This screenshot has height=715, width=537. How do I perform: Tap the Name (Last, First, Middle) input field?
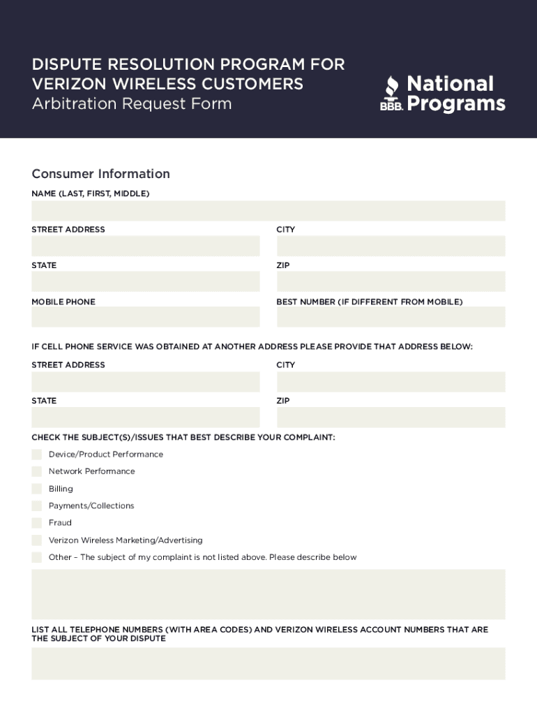point(268,211)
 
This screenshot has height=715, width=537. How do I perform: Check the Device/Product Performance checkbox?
point(37,455)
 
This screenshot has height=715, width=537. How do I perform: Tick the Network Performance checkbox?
point(37,471)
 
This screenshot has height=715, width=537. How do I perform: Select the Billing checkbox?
point(37,489)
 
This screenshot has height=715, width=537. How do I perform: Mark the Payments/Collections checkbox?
point(37,506)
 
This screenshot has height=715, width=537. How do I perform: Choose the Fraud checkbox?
point(37,522)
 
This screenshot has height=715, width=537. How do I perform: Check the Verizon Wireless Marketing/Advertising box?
point(37,540)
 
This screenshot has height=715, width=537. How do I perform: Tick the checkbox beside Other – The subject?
point(37,557)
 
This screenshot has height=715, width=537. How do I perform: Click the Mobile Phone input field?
point(145,317)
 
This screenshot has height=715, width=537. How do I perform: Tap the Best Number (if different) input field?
point(391,317)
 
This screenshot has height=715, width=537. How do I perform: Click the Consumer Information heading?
point(100,174)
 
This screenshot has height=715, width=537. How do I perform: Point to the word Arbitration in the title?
point(75,104)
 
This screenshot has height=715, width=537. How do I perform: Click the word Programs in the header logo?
point(455,104)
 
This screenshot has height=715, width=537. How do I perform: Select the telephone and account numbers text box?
point(268,663)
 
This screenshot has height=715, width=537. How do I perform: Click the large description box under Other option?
point(268,594)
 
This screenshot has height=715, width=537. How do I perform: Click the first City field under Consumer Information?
point(391,246)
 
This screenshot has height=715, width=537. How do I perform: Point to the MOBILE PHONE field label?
point(63,302)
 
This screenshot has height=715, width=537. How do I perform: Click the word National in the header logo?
point(450,84)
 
